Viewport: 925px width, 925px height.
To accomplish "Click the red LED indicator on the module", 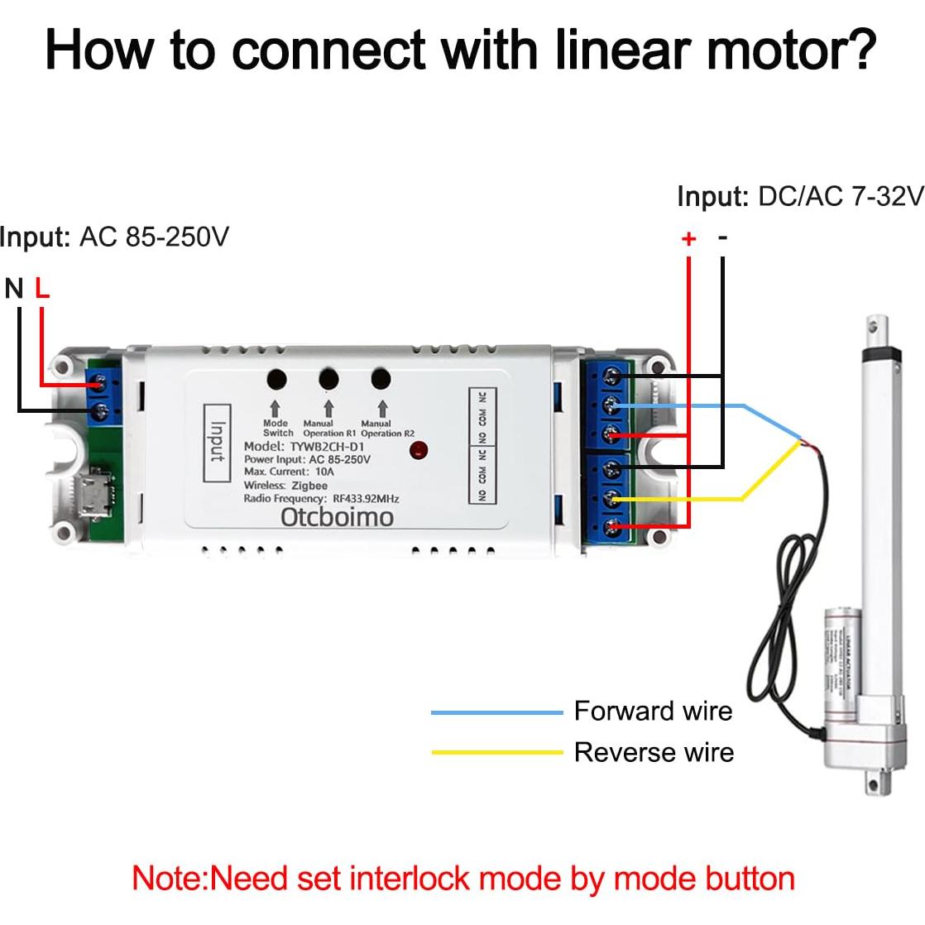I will [x=419, y=451].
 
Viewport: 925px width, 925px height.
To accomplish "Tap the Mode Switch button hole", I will [x=276, y=380].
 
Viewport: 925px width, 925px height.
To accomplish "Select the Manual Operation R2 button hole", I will [x=381, y=379].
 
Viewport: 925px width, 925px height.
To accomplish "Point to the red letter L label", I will [x=42, y=288].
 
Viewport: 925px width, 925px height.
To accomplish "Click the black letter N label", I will [x=14, y=288].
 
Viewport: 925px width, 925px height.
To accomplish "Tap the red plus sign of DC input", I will [x=688, y=239].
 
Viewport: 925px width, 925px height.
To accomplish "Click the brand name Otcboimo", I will [x=337, y=517].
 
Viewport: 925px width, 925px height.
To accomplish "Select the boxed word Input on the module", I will [x=217, y=443].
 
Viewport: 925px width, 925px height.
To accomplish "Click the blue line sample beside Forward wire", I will [x=496, y=712].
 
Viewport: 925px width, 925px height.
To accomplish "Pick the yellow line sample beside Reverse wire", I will [x=496, y=753].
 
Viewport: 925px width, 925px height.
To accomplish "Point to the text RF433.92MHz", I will [x=366, y=499].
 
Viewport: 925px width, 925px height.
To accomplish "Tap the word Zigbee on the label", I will [x=309, y=486].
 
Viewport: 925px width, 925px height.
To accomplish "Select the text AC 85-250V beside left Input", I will [x=154, y=237].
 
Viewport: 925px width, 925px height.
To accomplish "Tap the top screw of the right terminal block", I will [x=613, y=377].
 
